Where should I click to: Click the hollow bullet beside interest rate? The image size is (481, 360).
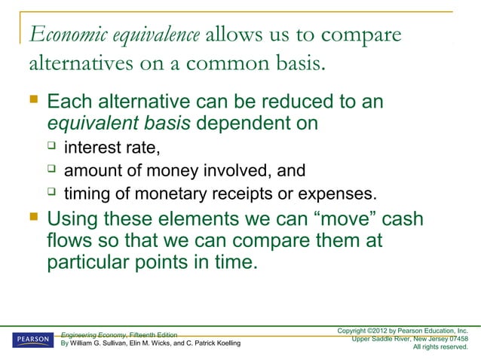click(52, 145)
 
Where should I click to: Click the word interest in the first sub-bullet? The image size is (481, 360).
click(94, 145)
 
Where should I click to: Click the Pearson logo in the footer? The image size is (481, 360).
click(32, 340)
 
